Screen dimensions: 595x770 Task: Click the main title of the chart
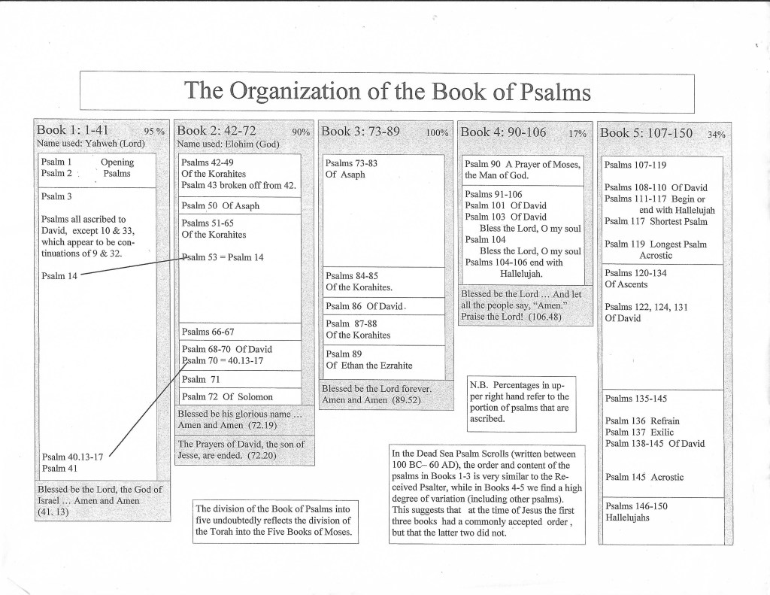[387, 91]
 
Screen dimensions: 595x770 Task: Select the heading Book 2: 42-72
[217, 131]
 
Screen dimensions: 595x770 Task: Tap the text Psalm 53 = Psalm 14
[222, 257]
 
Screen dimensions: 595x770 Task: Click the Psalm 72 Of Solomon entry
[227, 396]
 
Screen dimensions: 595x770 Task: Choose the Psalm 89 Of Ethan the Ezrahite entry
[368, 360]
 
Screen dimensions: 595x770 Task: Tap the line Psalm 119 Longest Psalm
[656, 244]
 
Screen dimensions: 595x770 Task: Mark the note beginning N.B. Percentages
[521, 401]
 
